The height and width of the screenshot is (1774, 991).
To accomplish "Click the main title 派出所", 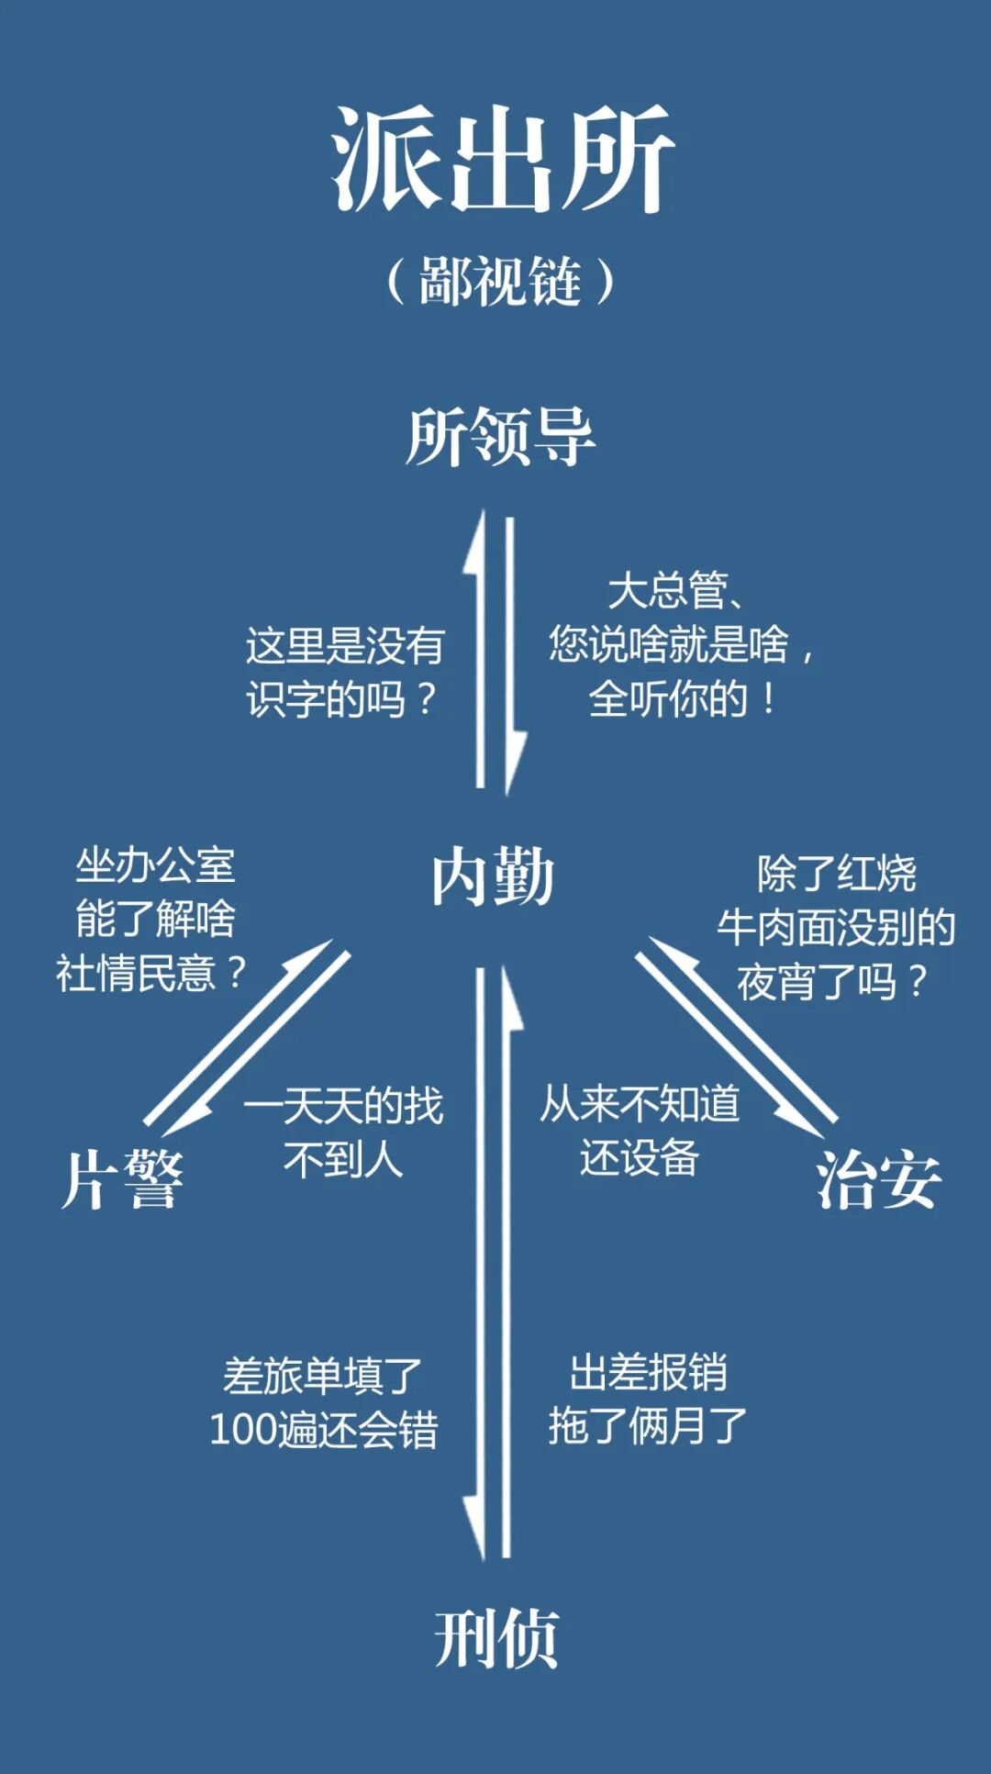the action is click(x=502, y=158).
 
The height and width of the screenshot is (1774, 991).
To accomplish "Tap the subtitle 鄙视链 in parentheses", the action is click(x=500, y=281).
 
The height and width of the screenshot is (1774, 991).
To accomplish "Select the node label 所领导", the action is click(x=500, y=437).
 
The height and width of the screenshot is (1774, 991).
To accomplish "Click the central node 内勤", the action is click(x=494, y=877).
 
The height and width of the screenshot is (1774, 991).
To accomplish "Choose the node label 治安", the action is click(x=878, y=1180).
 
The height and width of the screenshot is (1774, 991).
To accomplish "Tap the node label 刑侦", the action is click(x=496, y=1638).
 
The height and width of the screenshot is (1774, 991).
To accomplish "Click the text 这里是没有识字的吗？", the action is click(x=344, y=672).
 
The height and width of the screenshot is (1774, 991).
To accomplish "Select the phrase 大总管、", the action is click(x=677, y=591).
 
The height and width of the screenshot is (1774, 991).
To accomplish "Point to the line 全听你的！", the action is click(x=683, y=699).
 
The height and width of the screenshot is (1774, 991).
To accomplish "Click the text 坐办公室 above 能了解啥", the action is click(x=155, y=865).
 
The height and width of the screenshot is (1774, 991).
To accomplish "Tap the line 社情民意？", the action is click(x=151, y=973).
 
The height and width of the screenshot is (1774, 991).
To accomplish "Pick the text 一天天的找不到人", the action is click(x=343, y=1132).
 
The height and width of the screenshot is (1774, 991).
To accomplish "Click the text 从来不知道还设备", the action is click(x=640, y=1131).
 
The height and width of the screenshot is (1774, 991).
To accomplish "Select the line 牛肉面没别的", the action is click(x=836, y=928).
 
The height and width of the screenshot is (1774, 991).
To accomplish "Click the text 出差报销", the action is click(x=648, y=1373).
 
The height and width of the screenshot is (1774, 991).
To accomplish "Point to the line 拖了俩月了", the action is click(x=648, y=1426).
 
